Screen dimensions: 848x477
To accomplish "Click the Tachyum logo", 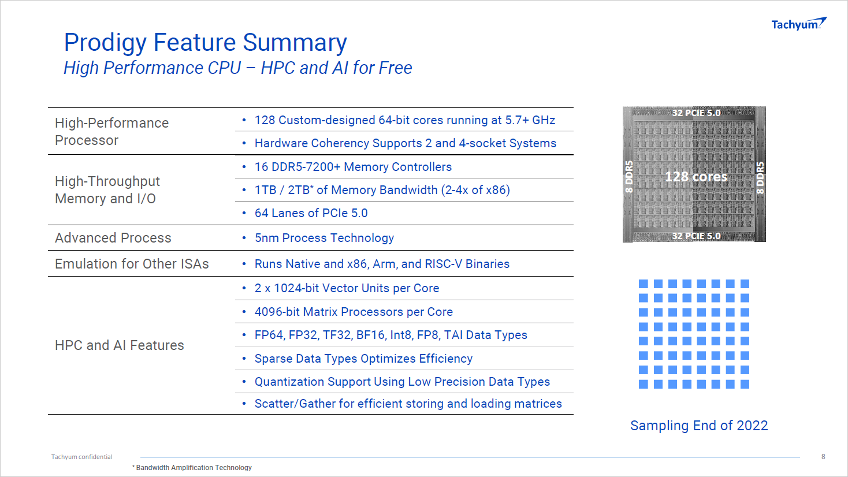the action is pyautogui.click(x=799, y=24).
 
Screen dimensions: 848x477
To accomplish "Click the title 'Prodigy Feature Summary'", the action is pyautogui.click(x=205, y=43).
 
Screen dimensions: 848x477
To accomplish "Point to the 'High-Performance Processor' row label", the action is pyautogui.click(x=111, y=131).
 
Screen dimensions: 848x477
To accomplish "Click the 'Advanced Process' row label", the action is pyautogui.click(x=113, y=238).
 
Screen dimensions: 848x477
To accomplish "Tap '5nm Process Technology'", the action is pyautogui.click(x=324, y=238).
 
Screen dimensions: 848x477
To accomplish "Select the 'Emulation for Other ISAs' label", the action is pyautogui.click(x=132, y=263).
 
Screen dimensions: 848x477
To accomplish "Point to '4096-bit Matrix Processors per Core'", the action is pyautogui.click(x=354, y=312).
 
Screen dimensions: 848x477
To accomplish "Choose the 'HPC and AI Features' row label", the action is pyautogui.click(x=119, y=345).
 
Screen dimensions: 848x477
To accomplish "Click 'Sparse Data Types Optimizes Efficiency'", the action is pyautogui.click(x=363, y=359).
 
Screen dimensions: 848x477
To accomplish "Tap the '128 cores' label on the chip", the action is pyautogui.click(x=696, y=176).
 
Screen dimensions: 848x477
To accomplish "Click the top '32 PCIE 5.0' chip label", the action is pyautogui.click(x=696, y=113).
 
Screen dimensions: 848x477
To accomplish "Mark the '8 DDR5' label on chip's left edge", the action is pyautogui.click(x=629, y=177).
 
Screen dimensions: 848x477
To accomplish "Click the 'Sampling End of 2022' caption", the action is pyautogui.click(x=699, y=426).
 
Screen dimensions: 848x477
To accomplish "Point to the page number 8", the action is pyautogui.click(x=823, y=457).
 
